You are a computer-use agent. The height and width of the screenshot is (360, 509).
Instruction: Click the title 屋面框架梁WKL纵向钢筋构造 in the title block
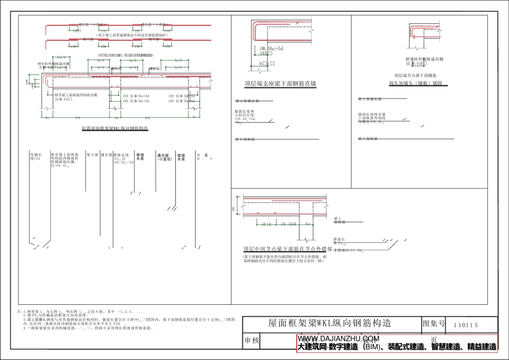[x=329, y=324]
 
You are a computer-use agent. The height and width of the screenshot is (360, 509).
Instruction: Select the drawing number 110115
[x=465, y=325]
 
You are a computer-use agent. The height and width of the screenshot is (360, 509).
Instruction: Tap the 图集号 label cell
[x=434, y=324]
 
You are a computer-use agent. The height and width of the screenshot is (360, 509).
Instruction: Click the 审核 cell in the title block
[x=252, y=340]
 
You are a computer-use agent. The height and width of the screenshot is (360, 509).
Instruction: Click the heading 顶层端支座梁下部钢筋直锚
[x=280, y=84]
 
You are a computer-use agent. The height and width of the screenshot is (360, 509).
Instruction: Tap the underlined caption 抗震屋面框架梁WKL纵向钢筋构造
[x=114, y=129]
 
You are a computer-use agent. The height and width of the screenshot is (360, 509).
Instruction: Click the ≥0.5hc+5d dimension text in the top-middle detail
[x=272, y=49]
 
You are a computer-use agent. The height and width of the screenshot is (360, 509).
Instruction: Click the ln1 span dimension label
[x=78, y=117]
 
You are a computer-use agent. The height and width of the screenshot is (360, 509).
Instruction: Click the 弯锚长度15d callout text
[x=36, y=156]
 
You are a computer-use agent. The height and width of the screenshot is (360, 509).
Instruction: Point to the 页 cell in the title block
[x=433, y=340]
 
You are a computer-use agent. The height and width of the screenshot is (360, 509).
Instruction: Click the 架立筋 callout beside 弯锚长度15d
[x=92, y=154]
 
